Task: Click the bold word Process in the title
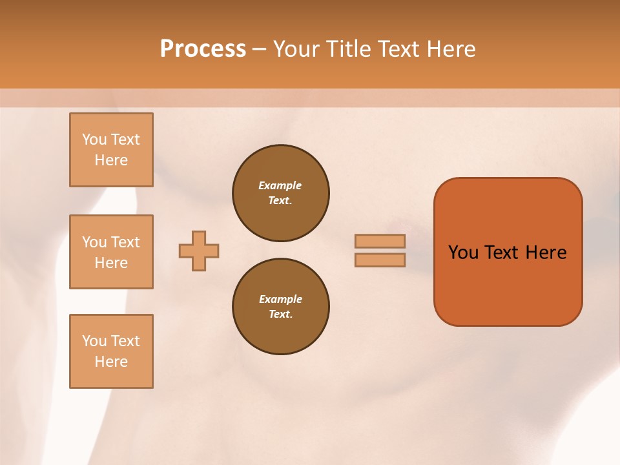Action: click(x=203, y=49)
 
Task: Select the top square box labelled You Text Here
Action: click(x=111, y=150)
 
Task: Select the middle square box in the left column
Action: click(x=111, y=252)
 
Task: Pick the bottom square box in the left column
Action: click(x=111, y=351)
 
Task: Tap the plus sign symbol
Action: click(x=199, y=251)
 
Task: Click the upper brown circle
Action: click(x=281, y=193)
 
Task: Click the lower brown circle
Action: click(x=281, y=307)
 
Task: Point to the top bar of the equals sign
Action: click(x=380, y=241)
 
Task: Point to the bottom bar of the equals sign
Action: click(x=380, y=260)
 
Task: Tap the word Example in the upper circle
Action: click(x=280, y=185)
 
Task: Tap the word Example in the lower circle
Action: click(x=280, y=299)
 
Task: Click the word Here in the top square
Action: click(x=111, y=160)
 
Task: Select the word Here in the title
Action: click(x=451, y=49)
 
